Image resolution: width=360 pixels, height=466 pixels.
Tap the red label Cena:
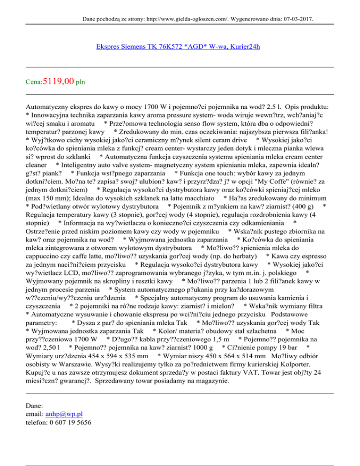(34, 83)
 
